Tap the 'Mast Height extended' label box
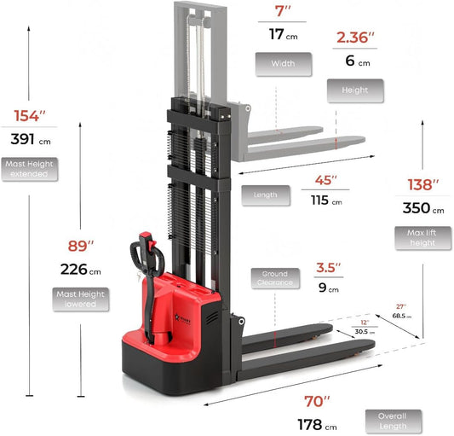tap(30, 168)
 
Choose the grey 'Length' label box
tap(266, 195)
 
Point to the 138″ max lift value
tap(423, 183)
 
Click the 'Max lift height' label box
tap(423, 237)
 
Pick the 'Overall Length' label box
tap(399, 420)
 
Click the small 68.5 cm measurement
tap(401, 316)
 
